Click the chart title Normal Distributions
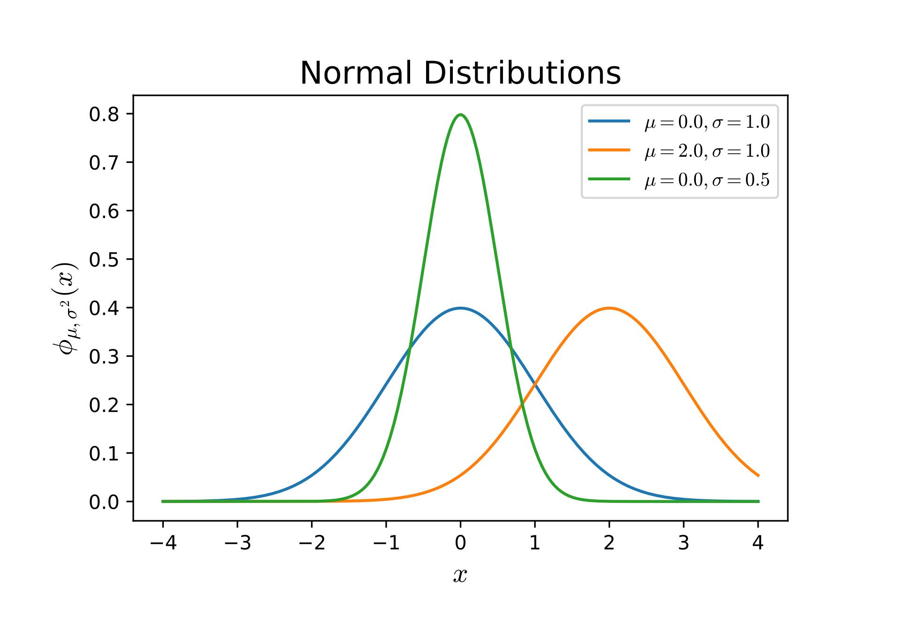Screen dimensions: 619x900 (x=460, y=73)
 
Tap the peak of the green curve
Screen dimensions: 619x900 (x=460, y=115)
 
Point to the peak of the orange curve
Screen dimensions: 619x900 (x=609, y=308)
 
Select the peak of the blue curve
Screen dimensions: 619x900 (x=460, y=308)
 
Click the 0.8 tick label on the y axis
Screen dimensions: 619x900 (x=104, y=114)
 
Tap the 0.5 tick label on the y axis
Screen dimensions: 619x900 (x=104, y=259)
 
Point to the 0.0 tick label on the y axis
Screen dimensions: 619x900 (x=104, y=502)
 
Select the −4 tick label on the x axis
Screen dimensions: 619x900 (x=163, y=543)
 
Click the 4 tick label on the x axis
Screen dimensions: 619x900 (x=758, y=543)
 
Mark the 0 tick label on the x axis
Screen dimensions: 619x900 (x=460, y=543)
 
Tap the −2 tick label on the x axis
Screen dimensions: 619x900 (x=312, y=543)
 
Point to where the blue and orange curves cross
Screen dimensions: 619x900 (x=535, y=386)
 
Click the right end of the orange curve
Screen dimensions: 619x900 (x=758, y=476)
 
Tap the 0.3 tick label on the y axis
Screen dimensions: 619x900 (x=104, y=356)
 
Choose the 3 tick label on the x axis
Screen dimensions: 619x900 (x=684, y=543)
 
